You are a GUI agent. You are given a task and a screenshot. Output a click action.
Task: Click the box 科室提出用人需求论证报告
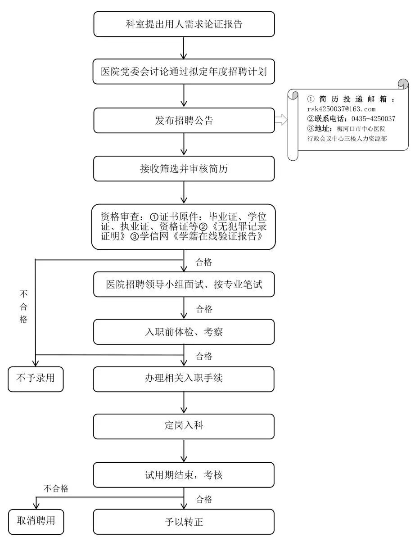pyautogui.click(x=184, y=24)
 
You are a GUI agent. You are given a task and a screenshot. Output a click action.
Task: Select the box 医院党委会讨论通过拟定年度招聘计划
pyautogui.click(x=184, y=72)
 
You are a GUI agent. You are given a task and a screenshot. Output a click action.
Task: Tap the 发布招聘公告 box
pyautogui.click(x=184, y=121)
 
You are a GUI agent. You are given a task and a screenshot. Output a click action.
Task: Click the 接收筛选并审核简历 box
pyautogui.click(x=184, y=169)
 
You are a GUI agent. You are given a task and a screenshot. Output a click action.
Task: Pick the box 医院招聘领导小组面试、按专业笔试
pyautogui.click(x=184, y=284)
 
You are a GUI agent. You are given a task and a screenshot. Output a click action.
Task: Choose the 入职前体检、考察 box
pyautogui.click(x=184, y=332)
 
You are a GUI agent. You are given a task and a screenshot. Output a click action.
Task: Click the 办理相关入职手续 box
pyautogui.click(x=184, y=379)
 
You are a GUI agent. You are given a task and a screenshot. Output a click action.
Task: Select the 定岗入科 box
pyautogui.click(x=184, y=426)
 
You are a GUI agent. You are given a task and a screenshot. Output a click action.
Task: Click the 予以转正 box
pyautogui.click(x=184, y=522)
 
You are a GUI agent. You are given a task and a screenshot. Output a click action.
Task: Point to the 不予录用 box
pyautogui.click(x=36, y=379)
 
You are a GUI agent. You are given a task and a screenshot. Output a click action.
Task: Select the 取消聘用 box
pyautogui.click(x=36, y=522)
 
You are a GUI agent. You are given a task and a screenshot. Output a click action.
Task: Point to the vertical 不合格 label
pyautogui.click(x=24, y=307)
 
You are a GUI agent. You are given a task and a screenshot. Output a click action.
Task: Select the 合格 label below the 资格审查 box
pyautogui.click(x=204, y=262)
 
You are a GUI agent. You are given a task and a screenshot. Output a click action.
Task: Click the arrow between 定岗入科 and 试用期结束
pyautogui.click(x=184, y=451)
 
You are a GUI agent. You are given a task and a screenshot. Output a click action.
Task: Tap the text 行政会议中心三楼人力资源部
pyautogui.click(x=347, y=139)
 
